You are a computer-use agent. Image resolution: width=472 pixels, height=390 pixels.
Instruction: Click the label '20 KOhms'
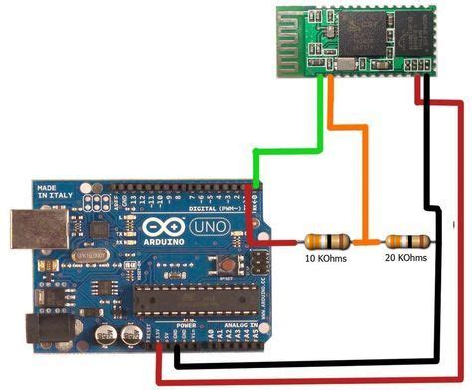pyautogui.click(x=405, y=258)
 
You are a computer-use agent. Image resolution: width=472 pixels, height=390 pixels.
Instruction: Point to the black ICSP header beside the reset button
pyautogui.click(x=261, y=263)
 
